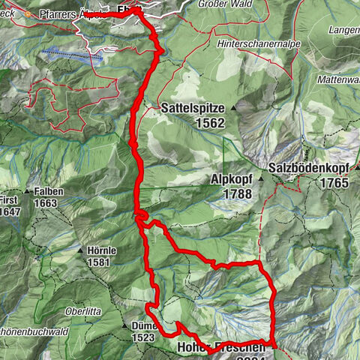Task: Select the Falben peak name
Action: tap(48, 191)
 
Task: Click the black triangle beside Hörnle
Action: tap(79, 250)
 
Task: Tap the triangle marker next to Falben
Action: tap(27, 192)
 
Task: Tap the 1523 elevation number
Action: tap(142, 338)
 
